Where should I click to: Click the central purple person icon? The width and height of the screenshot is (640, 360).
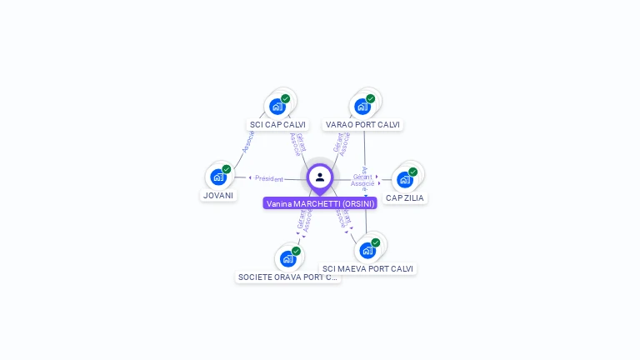[320, 177]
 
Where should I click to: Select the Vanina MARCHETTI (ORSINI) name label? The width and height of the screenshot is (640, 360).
[320, 203]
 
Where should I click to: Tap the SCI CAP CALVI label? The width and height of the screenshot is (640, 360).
[277, 125]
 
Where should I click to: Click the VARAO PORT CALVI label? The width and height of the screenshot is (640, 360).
[362, 125]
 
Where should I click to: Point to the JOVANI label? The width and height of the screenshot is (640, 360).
[218, 196]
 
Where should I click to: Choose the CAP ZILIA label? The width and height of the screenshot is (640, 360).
[405, 198]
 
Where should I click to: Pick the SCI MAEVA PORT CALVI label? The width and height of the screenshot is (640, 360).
[367, 269]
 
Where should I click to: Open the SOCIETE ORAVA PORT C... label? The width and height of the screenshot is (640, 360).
[288, 277]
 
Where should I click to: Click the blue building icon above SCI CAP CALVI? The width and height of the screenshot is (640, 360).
[277, 107]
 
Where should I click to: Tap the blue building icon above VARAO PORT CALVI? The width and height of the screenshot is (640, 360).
[362, 107]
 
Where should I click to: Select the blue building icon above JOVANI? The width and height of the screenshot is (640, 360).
[218, 177]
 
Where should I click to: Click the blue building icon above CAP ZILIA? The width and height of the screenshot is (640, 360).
[405, 179]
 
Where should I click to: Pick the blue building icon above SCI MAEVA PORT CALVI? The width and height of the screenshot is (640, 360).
[367, 250]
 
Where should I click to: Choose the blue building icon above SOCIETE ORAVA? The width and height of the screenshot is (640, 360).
[288, 258]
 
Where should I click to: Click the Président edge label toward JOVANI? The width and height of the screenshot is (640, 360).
[268, 178]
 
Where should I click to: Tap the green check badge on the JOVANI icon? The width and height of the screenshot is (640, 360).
[227, 169]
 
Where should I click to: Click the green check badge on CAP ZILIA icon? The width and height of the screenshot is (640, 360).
[413, 172]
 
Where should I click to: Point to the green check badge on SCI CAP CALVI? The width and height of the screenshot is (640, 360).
[286, 98]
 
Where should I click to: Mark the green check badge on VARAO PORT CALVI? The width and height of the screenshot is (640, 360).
[371, 98]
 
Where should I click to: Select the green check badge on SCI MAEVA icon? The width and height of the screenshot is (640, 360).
[376, 242]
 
